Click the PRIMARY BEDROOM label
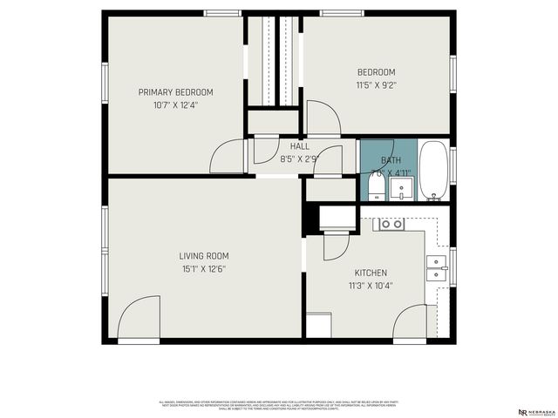point(175,92)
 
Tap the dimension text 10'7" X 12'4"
point(175,104)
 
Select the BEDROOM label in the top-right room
point(376,72)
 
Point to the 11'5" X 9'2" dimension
point(376,84)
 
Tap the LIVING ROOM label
point(203,256)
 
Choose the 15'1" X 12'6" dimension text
point(203,269)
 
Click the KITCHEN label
point(371,273)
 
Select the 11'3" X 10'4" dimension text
point(371,285)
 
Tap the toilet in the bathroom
point(374,186)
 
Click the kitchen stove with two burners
point(390,224)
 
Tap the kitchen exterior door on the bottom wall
point(409,324)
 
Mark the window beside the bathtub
point(453,165)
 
